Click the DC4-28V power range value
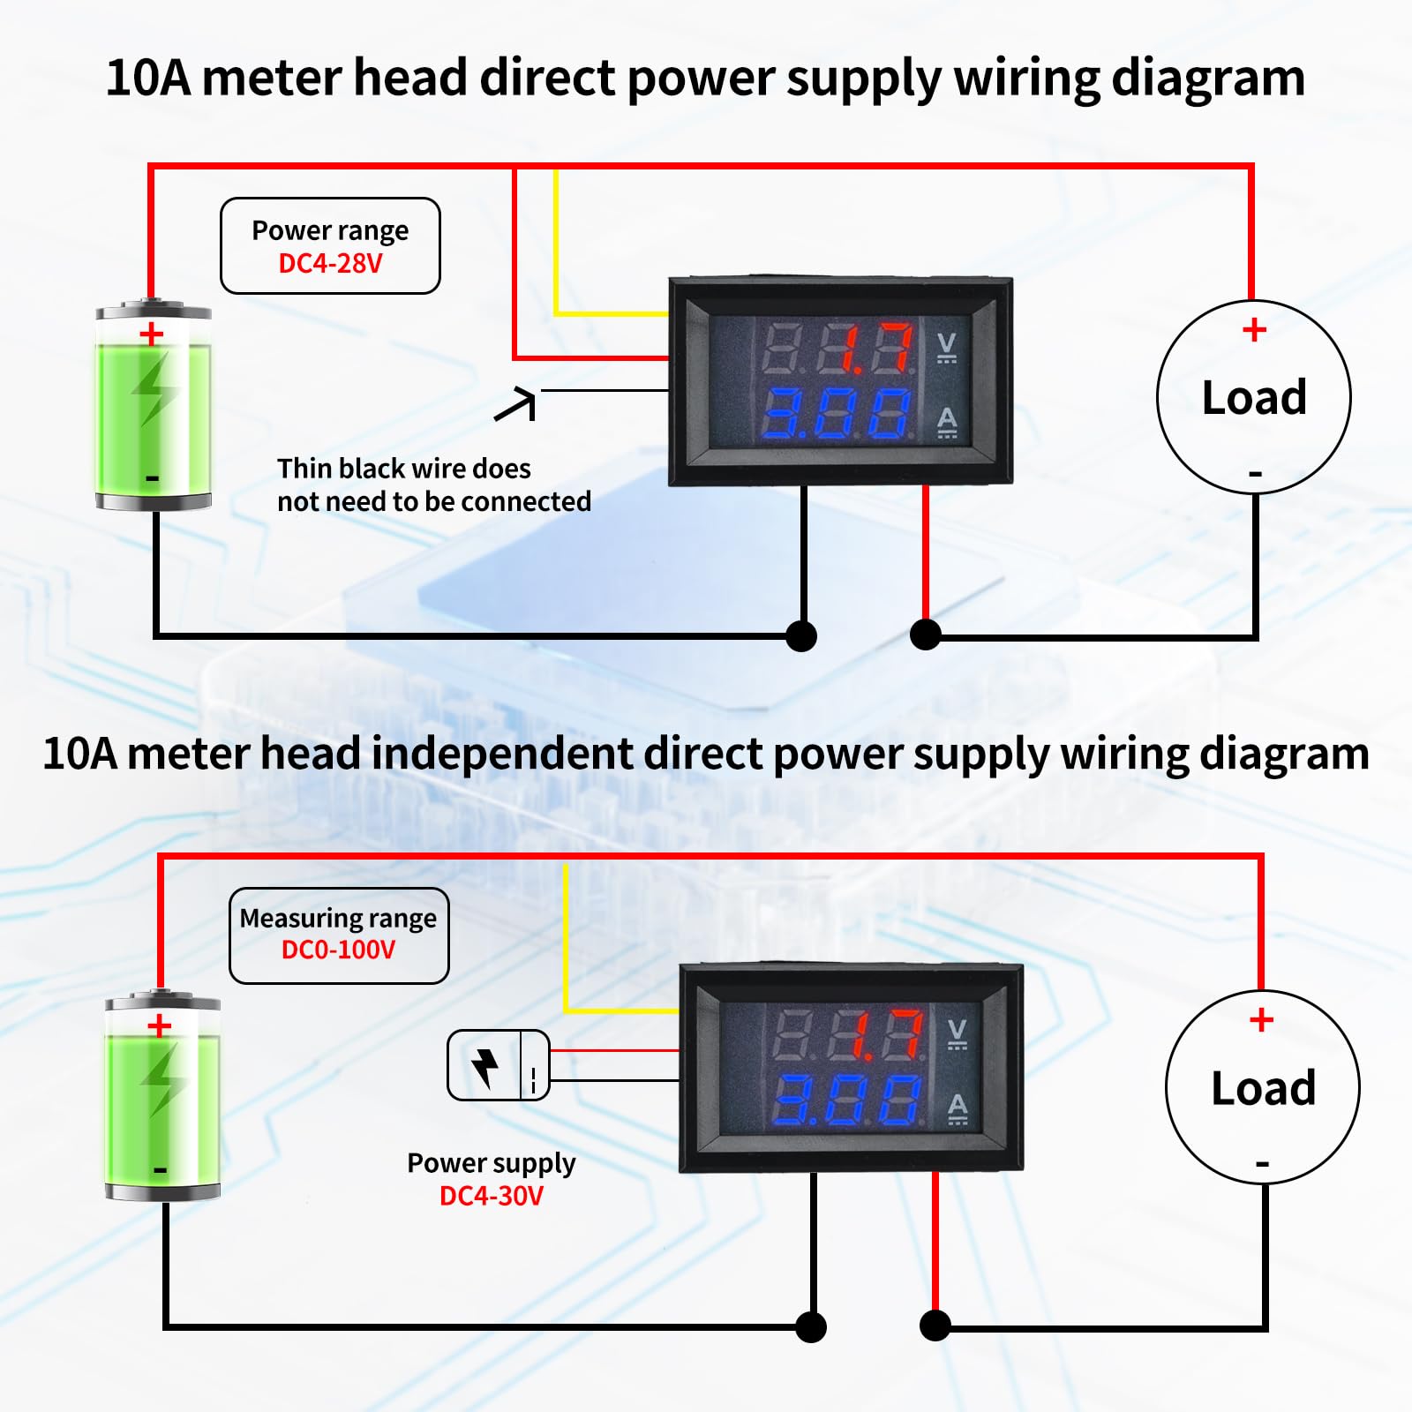tap(330, 263)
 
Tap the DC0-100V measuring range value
tap(338, 950)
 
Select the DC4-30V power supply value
tap(492, 1196)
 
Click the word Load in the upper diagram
tap(1254, 397)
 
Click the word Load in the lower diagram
tap(1263, 1087)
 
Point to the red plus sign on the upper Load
tap(1254, 330)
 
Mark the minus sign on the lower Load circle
tap(1263, 1164)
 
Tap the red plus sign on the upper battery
tap(152, 334)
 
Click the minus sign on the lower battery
tap(160, 1170)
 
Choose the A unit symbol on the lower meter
tap(958, 1108)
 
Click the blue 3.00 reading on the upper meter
tap(836, 414)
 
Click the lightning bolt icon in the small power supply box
tap(484, 1066)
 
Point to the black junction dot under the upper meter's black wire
tap(801, 635)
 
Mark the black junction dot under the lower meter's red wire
tap(935, 1325)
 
